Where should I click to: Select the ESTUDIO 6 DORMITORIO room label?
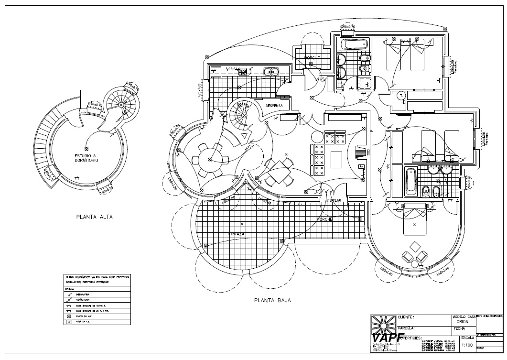[x=86, y=158]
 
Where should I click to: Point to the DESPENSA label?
[x=274, y=105]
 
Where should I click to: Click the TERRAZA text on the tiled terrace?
[x=236, y=234]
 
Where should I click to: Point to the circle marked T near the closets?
[x=400, y=96]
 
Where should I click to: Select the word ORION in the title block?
[x=463, y=322]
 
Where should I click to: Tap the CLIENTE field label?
[x=406, y=317]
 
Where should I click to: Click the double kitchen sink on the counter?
[x=270, y=72]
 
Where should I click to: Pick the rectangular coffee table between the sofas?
[x=336, y=158]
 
